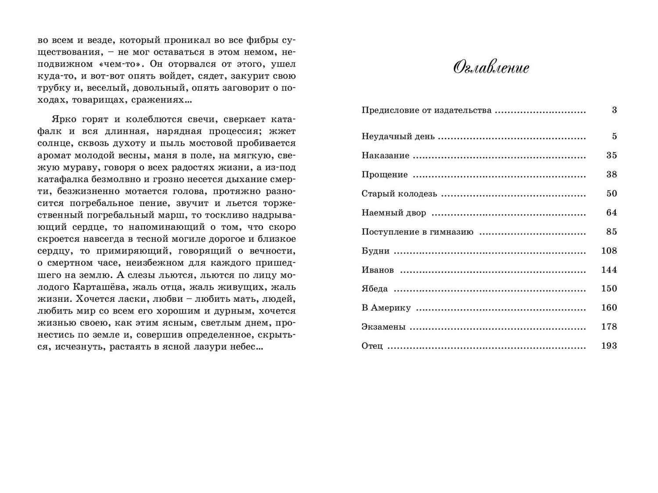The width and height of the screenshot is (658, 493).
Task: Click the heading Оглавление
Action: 491,68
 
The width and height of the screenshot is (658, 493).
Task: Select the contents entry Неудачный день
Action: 398,136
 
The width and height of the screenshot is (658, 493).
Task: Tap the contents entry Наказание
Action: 385,156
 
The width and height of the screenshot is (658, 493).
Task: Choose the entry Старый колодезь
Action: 399,194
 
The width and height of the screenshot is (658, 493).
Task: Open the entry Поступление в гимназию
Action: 417,232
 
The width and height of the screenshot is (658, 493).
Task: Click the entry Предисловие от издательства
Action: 426,110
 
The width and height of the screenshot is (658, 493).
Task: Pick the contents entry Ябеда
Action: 374,289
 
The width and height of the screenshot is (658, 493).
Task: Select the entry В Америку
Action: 386,308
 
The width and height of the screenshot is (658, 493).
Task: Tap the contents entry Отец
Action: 372,346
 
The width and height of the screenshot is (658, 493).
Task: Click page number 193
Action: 609,346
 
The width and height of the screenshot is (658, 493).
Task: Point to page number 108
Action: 609,251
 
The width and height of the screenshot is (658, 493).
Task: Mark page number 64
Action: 611,213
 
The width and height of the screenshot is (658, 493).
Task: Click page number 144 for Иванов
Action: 609,270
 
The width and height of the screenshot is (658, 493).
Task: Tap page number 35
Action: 611,156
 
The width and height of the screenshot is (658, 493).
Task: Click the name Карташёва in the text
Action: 97,287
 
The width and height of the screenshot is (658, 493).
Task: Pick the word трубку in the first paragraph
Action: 52,88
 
